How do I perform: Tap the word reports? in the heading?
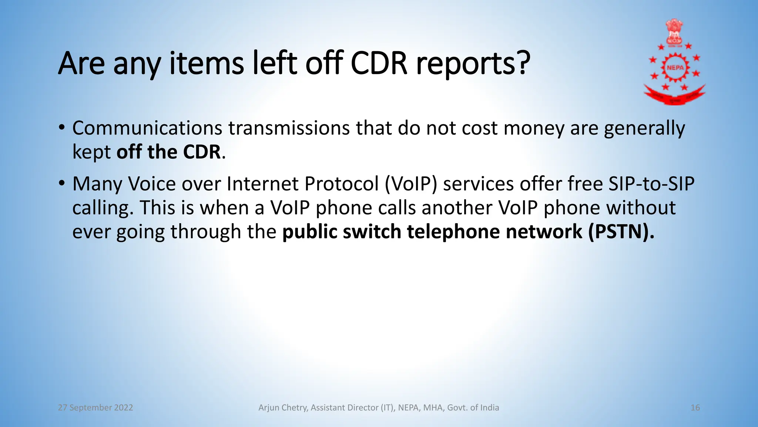click(473, 64)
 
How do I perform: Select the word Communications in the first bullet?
click(147, 128)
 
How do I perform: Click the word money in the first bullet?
click(534, 128)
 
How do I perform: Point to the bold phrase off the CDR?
click(168, 152)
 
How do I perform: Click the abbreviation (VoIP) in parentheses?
click(411, 184)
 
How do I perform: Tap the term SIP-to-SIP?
click(651, 184)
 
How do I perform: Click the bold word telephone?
click(453, 232)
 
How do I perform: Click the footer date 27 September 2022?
click(95, 408)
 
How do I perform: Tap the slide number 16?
click(695, 408)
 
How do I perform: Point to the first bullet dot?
click(62, 128)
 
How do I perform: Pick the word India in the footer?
click(489, 408)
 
